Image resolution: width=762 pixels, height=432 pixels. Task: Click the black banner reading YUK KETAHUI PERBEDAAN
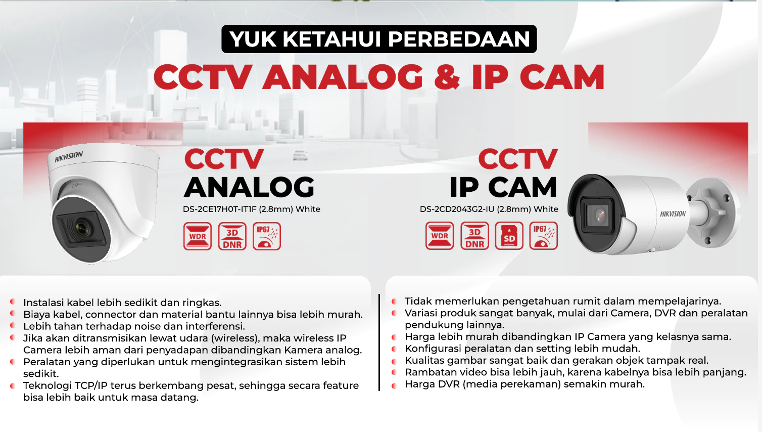pos(379,39)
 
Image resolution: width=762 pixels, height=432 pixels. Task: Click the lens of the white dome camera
pos(83,228)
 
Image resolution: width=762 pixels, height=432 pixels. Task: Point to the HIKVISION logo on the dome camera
pos(69,157)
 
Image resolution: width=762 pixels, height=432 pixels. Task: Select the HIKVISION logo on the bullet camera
pos(673,214)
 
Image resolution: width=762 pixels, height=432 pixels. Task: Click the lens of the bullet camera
pos(599,215)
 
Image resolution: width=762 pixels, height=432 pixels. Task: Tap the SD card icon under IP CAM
pos(509,236)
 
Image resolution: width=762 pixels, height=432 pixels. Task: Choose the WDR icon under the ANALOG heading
pos(197,236)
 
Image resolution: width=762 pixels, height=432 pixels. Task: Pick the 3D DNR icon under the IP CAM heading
pos(474,236)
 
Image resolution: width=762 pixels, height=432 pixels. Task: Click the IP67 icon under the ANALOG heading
pos(267,236)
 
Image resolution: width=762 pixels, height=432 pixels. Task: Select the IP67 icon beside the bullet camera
pos(543,236)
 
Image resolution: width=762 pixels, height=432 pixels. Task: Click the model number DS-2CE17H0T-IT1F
pos(219,209)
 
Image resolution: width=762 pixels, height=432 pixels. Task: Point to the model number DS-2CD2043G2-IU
pos(457,209)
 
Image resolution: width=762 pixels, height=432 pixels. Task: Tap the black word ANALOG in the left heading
pos(249,187)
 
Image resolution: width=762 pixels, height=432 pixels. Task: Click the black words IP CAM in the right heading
pos(503,187)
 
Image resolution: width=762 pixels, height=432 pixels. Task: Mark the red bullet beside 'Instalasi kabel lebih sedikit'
pos(13,301)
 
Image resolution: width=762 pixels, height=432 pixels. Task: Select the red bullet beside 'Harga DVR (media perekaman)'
pos(394,385)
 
